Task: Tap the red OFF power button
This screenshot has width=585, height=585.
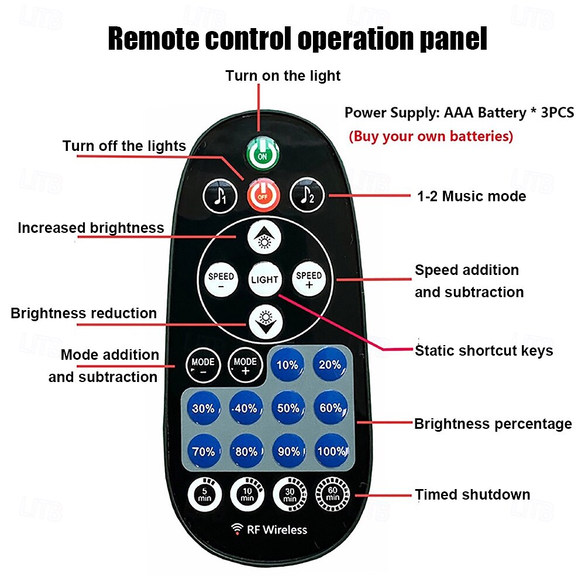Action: tap(263, 195)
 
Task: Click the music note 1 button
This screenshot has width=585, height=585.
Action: tap(220, 196)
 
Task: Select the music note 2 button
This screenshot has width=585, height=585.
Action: tap(307, 195)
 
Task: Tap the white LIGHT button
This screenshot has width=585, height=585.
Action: tap(264, 279)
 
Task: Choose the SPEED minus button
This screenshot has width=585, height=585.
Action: tap(221, 280)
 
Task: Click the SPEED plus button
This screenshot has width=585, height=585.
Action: tap(309, 280)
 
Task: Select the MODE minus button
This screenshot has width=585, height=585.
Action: tap(203, 366)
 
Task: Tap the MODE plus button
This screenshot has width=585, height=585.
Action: tap(245, 366)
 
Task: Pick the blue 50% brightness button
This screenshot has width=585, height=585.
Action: tap(288, 408)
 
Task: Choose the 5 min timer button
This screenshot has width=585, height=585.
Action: tap(204, 494)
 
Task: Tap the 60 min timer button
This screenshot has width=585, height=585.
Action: tap(332, 494)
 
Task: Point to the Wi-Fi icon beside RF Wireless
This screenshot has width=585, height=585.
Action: tap(237, 529)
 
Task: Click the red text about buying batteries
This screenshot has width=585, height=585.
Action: tap(431, 136)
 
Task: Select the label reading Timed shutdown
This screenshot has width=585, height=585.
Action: tap(472, 494)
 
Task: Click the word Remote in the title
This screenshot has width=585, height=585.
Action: tap(153, 39)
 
